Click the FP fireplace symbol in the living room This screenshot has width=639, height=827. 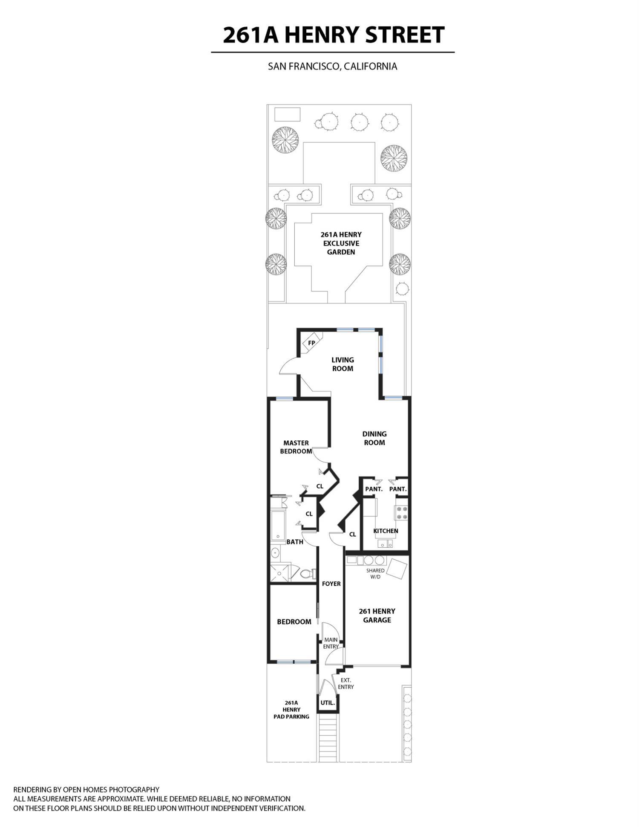312,343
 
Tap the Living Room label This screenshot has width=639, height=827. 343,364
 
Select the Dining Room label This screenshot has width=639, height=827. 374,438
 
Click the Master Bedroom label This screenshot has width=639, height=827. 296,447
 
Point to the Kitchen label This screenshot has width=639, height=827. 386,531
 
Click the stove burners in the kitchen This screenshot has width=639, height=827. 401,512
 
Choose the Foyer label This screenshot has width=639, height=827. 331,584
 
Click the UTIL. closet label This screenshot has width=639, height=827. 328,703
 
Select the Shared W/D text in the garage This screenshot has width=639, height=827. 375,573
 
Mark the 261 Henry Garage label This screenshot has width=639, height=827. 377,615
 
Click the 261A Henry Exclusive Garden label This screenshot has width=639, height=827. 341,243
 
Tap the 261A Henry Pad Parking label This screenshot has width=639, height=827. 291,709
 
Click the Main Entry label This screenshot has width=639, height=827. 331,643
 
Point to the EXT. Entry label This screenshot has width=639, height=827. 346,683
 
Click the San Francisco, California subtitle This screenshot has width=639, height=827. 332,67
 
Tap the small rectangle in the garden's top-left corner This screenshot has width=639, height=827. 287,114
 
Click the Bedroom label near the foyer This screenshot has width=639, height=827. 294,622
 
